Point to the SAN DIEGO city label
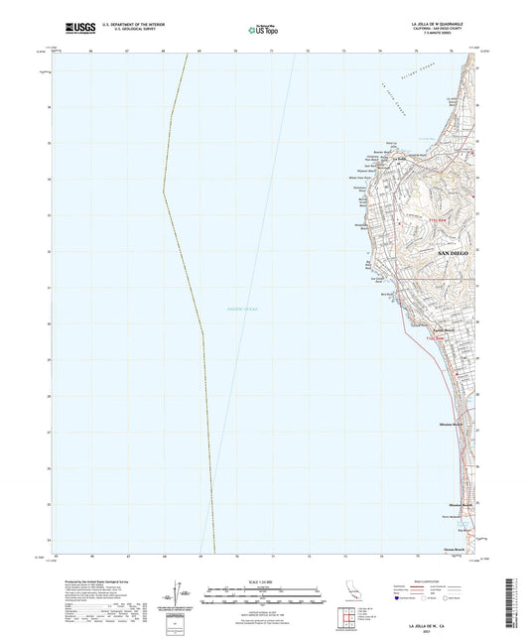click(452, 254)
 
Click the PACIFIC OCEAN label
click(241, 311)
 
